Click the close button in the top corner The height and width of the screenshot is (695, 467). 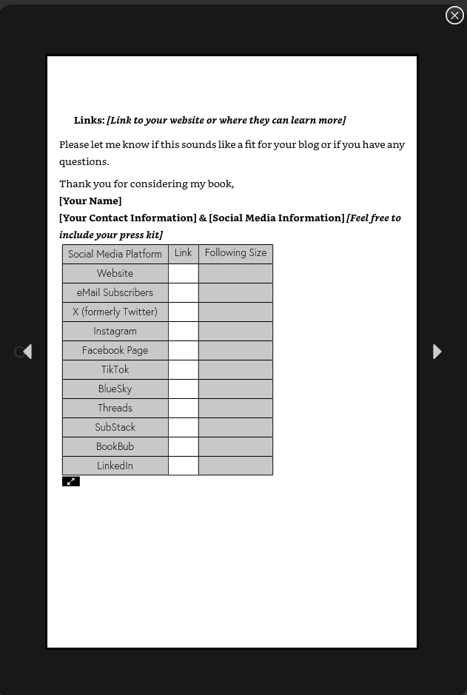click(454, 16)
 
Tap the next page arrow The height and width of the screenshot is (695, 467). click(437, 352)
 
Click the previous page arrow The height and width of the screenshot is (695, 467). click(27, 352)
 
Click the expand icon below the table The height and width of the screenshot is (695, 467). click(71, 481)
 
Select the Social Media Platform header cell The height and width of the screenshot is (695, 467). click(115, 254)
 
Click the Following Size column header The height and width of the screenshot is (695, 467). click(235, 253)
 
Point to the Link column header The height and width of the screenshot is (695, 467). click(183, 253)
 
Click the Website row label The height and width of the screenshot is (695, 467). click(115, 273)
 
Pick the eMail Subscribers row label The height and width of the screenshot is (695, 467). click(115, 292)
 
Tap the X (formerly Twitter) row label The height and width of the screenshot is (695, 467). click(115, 312)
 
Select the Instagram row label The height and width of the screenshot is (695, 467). click(115, 331)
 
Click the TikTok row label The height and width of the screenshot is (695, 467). click(115, 369)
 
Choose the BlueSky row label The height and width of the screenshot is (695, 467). click(115, 389)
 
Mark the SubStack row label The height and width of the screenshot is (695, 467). click(115, 427)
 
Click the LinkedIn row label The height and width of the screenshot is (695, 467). click(115, 466)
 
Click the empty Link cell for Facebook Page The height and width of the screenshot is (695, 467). click(183, 350)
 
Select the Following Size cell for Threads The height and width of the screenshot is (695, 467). click(235, 408)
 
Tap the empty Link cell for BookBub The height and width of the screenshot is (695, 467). click(183, 446)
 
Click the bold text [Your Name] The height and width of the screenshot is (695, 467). click(90, 201)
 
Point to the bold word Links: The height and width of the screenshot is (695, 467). click(89, 120)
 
